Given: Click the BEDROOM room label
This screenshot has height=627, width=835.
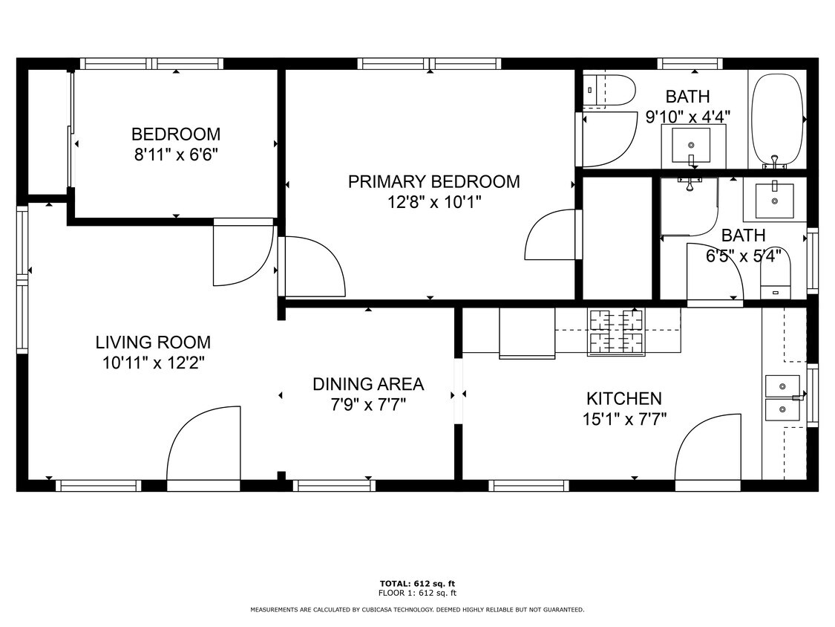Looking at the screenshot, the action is click(176, 134).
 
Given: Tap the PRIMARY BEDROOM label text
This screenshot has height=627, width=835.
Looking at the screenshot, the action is click(434, 182).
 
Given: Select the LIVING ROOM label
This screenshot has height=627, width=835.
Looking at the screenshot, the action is click(154, 342).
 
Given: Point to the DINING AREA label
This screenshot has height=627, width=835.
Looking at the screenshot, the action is click(368, 384).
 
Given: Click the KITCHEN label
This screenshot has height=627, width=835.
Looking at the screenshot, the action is click(624, 399).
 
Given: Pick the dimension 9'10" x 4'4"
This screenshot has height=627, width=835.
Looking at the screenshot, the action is click(687, 117).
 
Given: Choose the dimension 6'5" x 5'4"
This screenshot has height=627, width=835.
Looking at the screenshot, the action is click(744, 256).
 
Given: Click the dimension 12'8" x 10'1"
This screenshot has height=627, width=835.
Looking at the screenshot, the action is click(434, 203).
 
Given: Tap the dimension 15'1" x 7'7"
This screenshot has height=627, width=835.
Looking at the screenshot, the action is click(625, 420).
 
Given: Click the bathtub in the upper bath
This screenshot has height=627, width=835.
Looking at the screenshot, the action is click(777, 120).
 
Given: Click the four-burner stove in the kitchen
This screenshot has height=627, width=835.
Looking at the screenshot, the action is click(615, 332).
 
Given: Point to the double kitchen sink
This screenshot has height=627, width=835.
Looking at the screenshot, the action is click(782, 397).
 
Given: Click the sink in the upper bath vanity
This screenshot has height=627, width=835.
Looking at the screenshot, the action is click(691, 145).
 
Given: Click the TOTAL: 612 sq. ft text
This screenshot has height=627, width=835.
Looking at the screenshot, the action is click(417, 584).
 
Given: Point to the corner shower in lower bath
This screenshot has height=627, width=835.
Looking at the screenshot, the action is click(689, 207).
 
